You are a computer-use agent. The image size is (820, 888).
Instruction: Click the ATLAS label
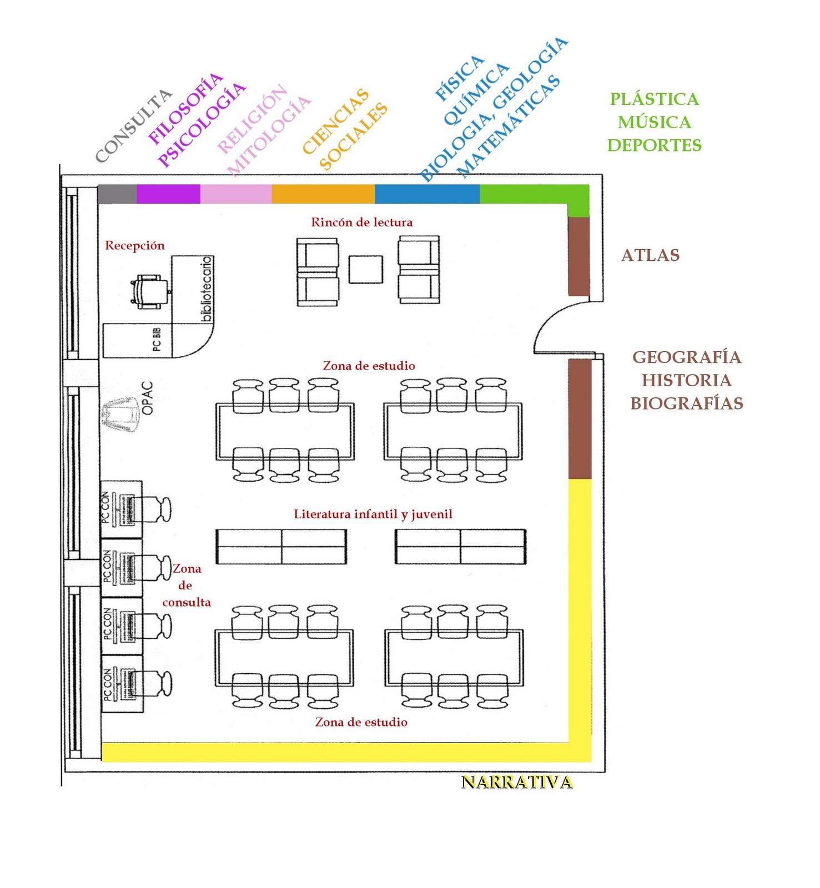(x=650, y=255)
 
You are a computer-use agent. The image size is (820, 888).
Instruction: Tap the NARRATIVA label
(x=517, y=782)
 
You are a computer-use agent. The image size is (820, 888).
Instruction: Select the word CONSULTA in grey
(x=133, y=126)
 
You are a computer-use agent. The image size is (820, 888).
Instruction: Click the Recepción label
(x=135, y=245)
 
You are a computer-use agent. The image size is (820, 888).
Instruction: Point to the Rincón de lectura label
(x=361, y=223)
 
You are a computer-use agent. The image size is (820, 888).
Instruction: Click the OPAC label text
(x=147, y=398)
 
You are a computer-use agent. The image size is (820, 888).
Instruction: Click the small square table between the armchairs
(x=366, y=269)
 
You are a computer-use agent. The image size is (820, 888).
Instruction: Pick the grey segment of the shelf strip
(x=117, y=194)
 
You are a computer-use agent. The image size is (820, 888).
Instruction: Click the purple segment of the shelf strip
(x=168, y=194)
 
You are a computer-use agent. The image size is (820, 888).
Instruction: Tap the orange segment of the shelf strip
(x=323, y=194)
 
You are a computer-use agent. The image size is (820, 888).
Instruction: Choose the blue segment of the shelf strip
(x=427, y=194)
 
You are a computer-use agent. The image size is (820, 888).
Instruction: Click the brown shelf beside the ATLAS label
(x=578, y=256)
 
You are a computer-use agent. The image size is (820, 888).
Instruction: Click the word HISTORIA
(x=687, y=380)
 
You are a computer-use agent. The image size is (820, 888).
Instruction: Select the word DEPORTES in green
(x=654, y=145)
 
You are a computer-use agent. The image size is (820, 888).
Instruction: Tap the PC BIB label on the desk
(x=157, y=339)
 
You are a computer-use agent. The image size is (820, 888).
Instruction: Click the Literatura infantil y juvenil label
(x=373, y=514)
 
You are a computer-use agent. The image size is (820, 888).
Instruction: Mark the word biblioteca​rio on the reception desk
(x=206, y=289)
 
